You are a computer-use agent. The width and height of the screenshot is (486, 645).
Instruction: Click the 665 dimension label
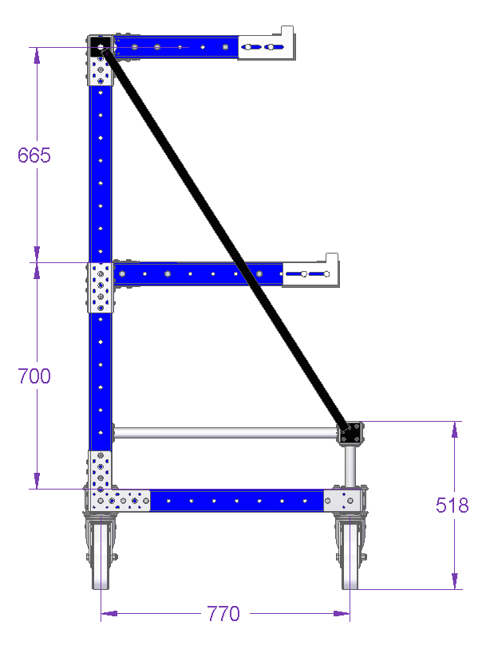pyautogui.click(x=34, y=155)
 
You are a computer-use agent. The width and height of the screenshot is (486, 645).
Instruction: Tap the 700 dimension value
pyautogui.click(x=34, y=376)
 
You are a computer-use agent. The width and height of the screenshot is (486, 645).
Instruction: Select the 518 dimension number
pyautogui.click(x=452, y=505)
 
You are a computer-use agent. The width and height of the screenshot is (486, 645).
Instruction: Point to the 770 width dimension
pyautogui.click(x=223, y=614)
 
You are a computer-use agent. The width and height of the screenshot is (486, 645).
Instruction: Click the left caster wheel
pyautogui.click(x=101, y=553)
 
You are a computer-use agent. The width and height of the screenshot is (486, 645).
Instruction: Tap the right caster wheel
pyautogui.click(x=350, y=553)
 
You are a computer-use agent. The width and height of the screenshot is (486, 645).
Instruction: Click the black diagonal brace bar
pyautogui.click(x=226, y=239)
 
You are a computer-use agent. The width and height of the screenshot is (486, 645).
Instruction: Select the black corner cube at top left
pyautogui.click(x=101, y=45)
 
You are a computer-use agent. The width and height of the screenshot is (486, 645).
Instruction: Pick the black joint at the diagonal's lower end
pyautogui.click(x=351, y=432)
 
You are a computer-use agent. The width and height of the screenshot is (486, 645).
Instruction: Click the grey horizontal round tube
pyautogui.click(x=225, y=433)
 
